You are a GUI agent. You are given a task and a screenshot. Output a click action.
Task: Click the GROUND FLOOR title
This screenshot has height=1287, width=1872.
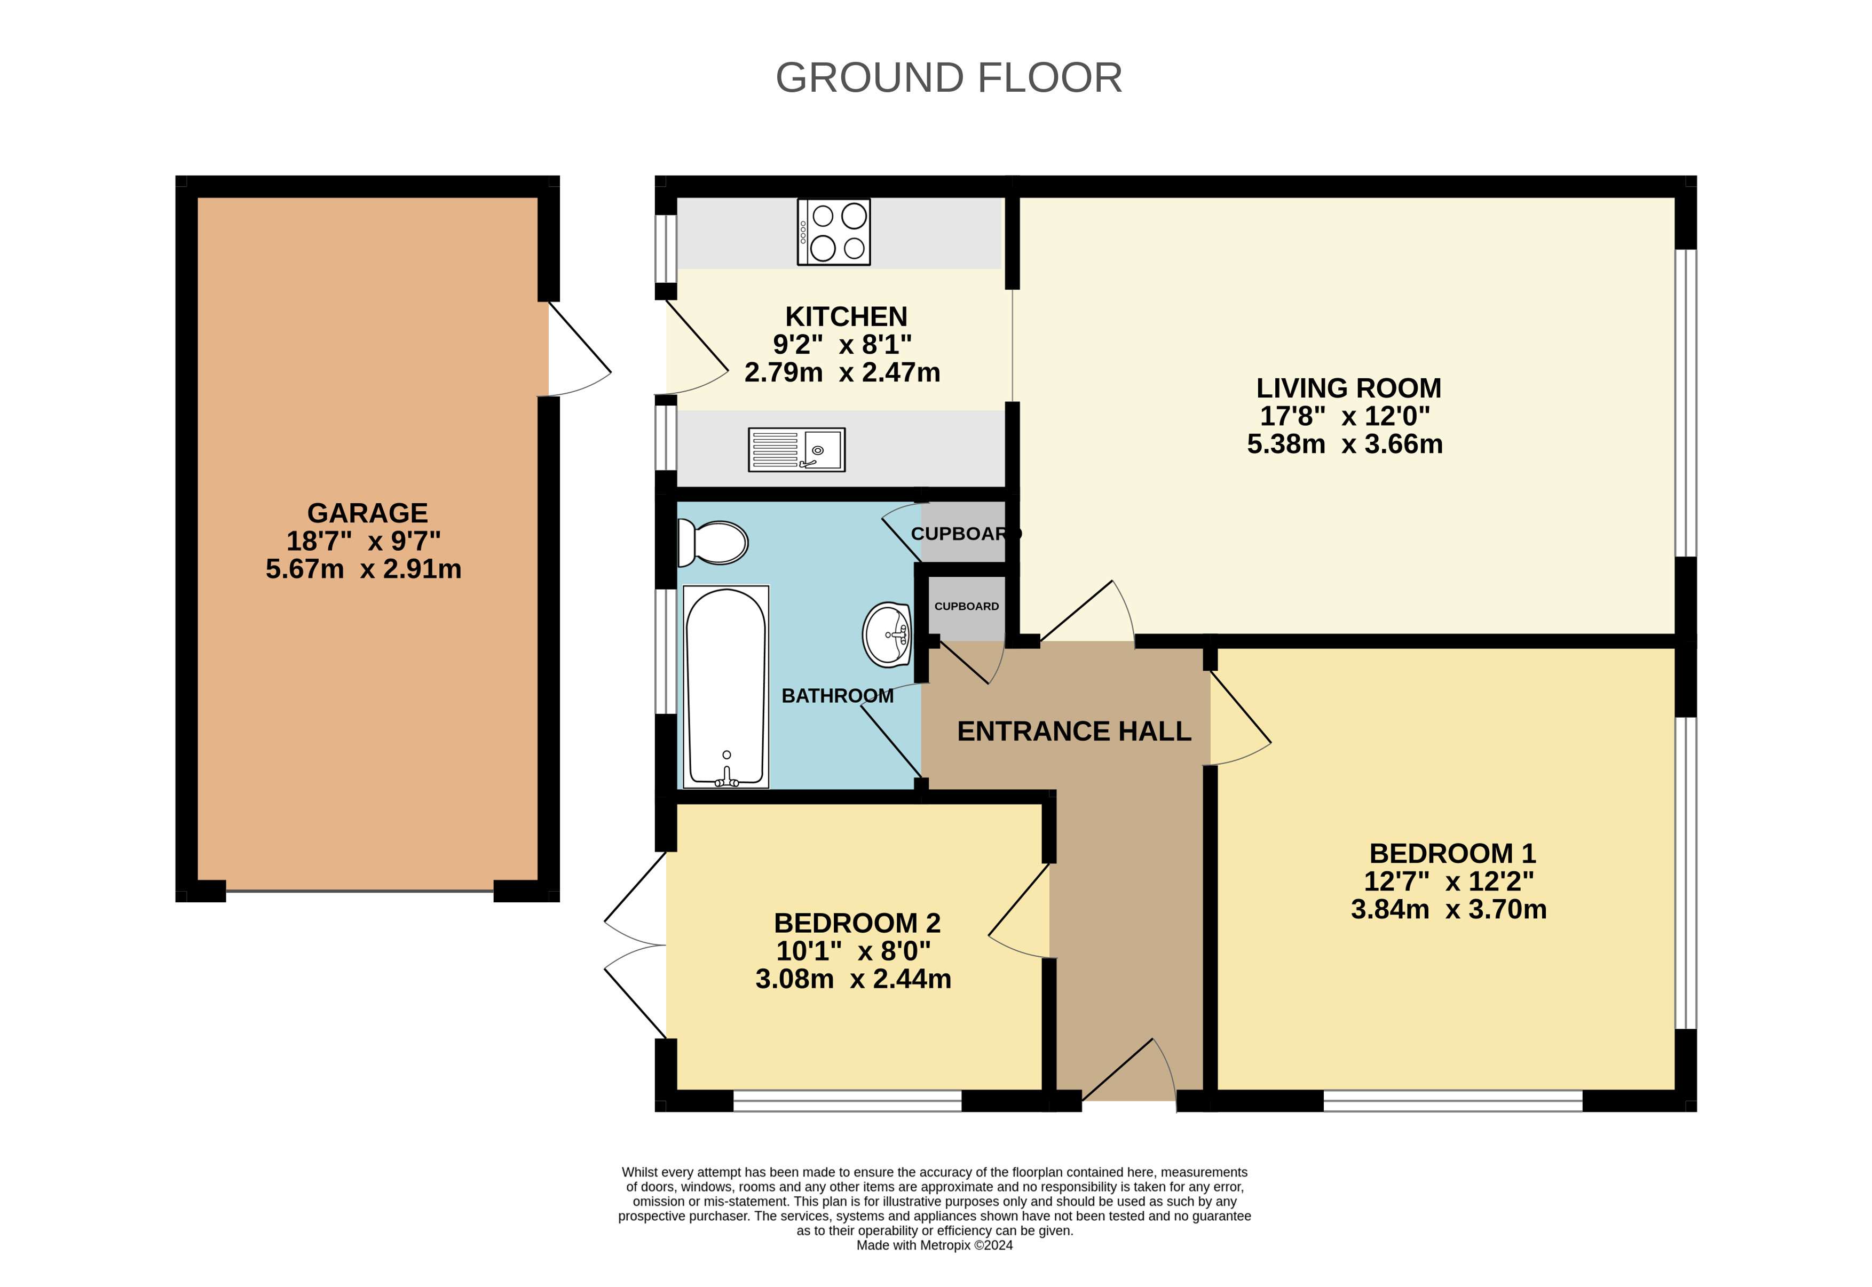[x=949, y=78]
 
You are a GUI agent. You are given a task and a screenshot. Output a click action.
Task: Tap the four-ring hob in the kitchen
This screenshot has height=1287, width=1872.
[x=833, y=232]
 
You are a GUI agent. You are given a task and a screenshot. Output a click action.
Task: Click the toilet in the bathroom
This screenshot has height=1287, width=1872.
[x=712, y=542]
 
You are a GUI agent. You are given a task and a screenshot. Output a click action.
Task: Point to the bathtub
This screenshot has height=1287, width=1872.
[x=726, y=686]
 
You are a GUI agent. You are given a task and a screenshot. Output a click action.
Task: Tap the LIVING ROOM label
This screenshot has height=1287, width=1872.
[x=1348, y=388]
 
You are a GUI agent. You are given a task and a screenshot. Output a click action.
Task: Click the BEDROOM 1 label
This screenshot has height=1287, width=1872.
[x=1452, y=853]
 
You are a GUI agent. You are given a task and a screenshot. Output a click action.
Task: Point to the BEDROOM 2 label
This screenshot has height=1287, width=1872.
[x=857, y=923]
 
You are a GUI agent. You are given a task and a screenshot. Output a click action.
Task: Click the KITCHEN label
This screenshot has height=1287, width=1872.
[x=846, y=316]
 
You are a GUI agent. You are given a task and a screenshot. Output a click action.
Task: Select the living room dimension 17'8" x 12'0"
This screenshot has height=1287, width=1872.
[x=1345, y=416]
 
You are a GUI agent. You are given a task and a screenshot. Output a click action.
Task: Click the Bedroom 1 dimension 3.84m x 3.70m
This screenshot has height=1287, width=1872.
[x=1449, y=909]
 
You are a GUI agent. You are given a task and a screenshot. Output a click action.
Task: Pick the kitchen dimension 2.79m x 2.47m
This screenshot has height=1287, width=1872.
[x=842, y=372]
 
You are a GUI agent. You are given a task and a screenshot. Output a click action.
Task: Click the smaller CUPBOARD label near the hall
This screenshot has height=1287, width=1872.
[x=966, y=606]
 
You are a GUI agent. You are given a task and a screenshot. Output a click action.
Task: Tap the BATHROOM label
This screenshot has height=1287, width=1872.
[x=837, y=695]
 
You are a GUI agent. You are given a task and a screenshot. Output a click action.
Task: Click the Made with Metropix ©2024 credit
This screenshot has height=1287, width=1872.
[x=934, y=1245]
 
